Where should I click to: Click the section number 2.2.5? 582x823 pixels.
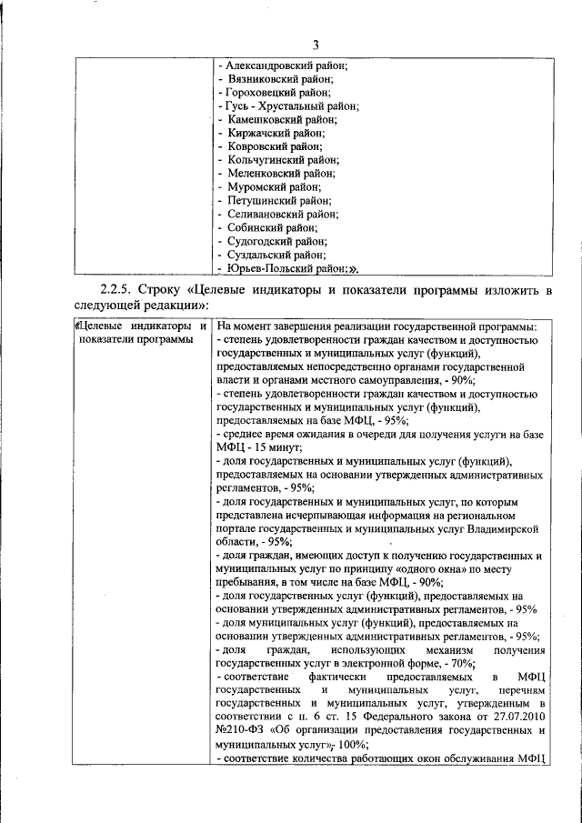[x=118, y=291]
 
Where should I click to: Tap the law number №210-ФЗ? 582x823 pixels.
[x=239, y=730]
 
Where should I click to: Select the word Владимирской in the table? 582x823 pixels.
[x=504, y=527]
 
